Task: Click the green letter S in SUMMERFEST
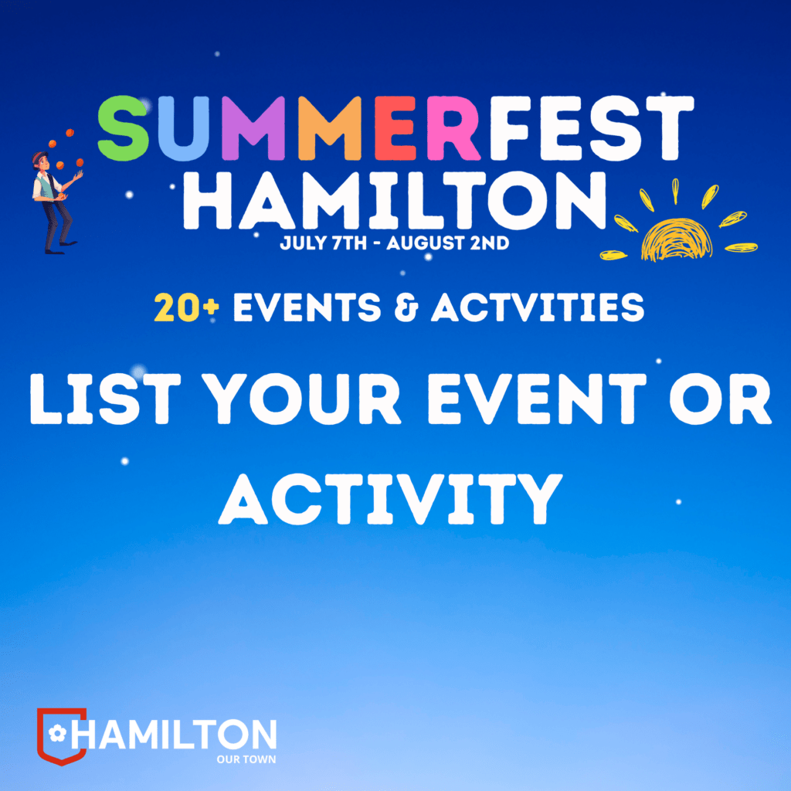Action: point(124,128)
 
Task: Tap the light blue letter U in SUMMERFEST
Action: point(184,128)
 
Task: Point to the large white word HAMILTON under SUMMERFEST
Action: point(394,201)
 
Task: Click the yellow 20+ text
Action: point(187,307)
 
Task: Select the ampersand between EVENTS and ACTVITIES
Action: point(406,307)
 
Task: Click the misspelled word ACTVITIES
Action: point(538,307)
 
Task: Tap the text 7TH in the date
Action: point(350,243)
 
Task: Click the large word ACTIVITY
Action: point(390,499)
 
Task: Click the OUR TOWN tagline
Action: point(246,759)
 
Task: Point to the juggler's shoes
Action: point(60,247)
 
